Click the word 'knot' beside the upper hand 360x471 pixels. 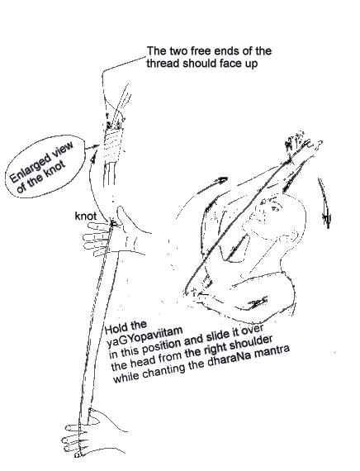(x=86, y=216)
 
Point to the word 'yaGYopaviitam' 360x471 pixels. (x=144, y=335)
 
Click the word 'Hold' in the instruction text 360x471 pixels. (x=115, y=328)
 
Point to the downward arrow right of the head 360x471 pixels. (x=324, y=202)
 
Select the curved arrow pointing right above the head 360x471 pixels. (x=212, y=185)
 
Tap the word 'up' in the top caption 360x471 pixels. (x=251, y=64)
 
